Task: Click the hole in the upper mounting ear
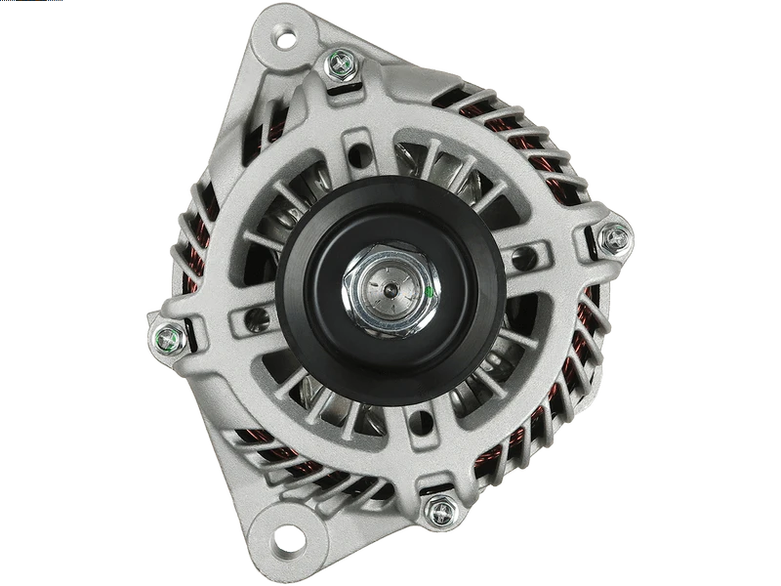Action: click(284, 39)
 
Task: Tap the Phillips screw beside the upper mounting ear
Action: click(341, 64)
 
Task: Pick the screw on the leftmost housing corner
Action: click(169, 339)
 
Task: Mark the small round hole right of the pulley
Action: click(528, 258)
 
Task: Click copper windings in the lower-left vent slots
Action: click(268, 459)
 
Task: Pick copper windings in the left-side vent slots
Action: click(195, 244)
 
